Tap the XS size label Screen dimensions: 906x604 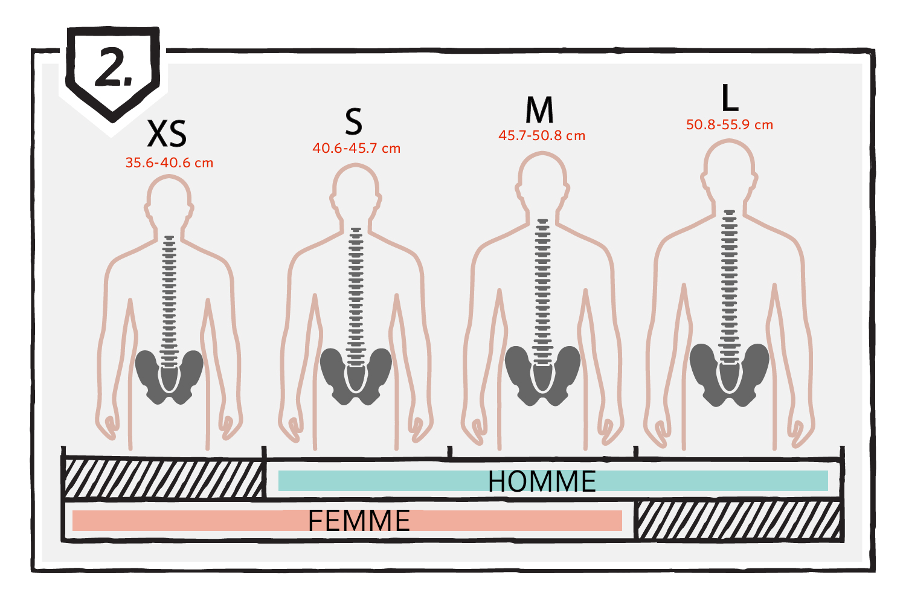[167, 133]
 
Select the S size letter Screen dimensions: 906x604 [353, 121]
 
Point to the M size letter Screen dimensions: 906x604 [539, 110]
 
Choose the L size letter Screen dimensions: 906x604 [730, 97]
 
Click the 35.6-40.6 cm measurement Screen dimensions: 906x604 [169, 162]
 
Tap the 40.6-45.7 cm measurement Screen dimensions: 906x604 [356, 148]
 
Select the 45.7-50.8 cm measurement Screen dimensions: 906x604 [542, 135]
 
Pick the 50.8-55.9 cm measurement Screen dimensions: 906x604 [729, 124]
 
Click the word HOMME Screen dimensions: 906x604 [542, 481]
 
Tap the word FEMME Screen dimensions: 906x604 [359, 521]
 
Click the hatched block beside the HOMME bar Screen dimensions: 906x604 [164, 478]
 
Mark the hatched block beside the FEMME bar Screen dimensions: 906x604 [739, 520]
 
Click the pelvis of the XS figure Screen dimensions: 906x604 [169, 377]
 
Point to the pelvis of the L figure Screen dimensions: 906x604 [729, 375]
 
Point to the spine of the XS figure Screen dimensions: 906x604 [169, 302]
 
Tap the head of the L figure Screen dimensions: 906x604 [729, 170]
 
